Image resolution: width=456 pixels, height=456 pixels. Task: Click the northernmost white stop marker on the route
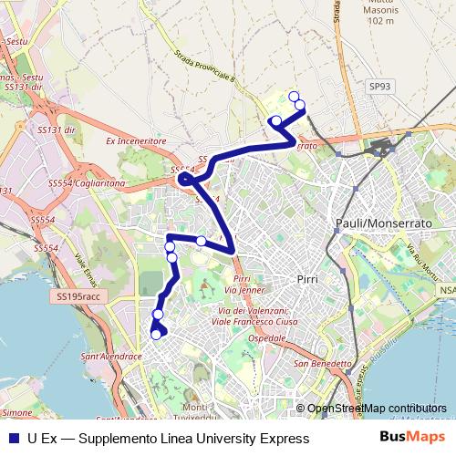[293, 97]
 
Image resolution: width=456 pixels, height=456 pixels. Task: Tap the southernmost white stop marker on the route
[156, 335]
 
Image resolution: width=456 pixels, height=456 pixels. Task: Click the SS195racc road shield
[78, 297]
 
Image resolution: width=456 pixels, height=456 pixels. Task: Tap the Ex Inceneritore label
[135, 141]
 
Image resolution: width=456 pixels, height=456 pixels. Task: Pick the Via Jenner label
[245, 290]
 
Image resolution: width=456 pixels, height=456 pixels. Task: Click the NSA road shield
[446, 290]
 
